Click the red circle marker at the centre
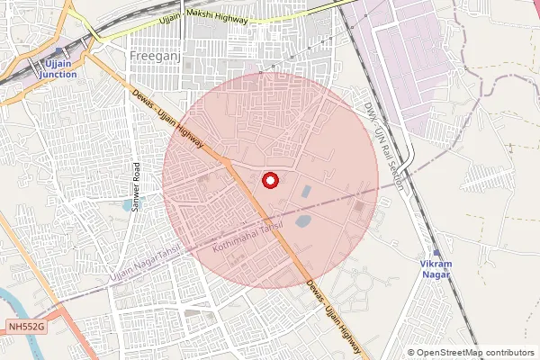pos(269,181)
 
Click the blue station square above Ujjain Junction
pos(59,52)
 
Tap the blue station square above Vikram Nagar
pos(436,252)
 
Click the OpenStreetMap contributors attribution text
pos(475,353)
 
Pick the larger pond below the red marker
pos(303,220)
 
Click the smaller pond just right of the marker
pos(308,191)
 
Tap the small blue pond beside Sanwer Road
pos(125,205)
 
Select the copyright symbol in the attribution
pos(410,353)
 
